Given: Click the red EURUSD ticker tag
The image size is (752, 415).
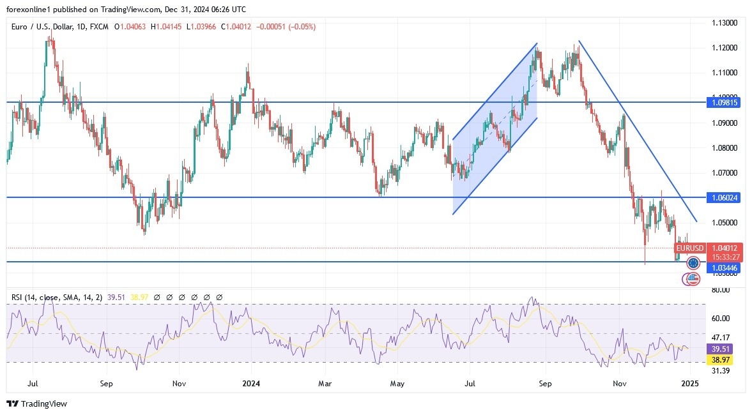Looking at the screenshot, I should click(x=690, y=248).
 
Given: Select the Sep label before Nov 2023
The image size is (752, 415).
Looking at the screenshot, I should click(x=106, y=384).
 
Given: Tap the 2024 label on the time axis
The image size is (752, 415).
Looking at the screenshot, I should click(x=251, y=384).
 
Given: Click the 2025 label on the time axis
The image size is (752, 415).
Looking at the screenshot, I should click(x=690, y=384).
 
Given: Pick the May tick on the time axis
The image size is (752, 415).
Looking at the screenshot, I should click(x=397, y=384).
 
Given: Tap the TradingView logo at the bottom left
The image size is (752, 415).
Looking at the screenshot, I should click(x=36, y=404).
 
